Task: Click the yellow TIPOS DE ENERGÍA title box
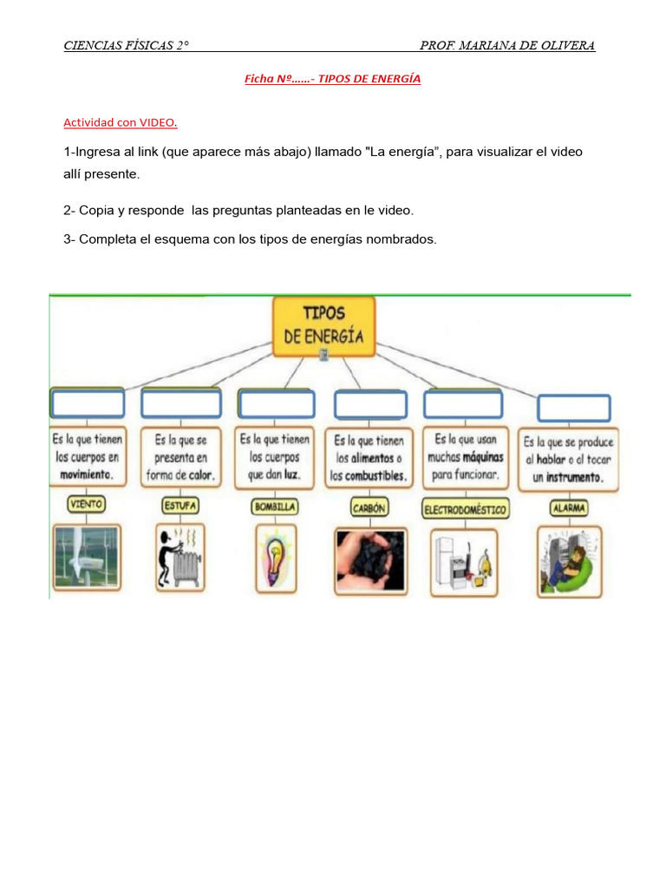pos(324,326)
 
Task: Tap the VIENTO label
pos(86,504)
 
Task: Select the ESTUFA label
pos(180,505)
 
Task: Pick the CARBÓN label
pos(369,506)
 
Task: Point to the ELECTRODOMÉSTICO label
pos(465,508)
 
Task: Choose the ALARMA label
pos(568,506)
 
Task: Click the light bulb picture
pos(275,559)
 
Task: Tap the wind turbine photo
pos(86,558)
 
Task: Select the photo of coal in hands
pos(369,561)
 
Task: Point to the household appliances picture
pos(465,562)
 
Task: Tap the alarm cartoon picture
pos(569,561)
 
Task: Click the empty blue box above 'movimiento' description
pos(88,403)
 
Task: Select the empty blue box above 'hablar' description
pos(573,408)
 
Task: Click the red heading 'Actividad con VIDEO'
pos(121,122)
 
